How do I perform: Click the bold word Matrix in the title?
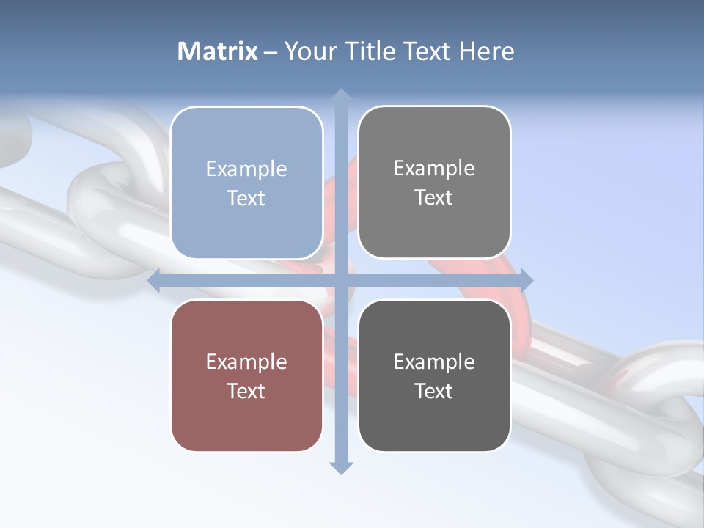coord(218,51)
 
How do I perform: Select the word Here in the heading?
coord(486,51)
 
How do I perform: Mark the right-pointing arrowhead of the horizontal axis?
coord(526,280)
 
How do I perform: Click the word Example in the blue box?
coord(246,169)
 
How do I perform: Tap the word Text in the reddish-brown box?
coord(246,391)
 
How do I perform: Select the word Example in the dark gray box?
coord(434,362)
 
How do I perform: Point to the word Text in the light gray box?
coord(434,198)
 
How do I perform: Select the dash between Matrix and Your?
coord(271,52)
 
